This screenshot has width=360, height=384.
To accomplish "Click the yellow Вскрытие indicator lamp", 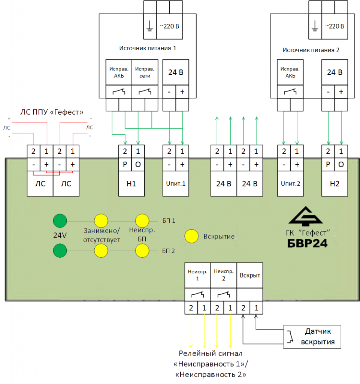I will click(192, 236).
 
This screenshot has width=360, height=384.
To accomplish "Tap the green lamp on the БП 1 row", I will click(60, 220).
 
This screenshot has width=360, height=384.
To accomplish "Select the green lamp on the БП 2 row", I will click(60, 250).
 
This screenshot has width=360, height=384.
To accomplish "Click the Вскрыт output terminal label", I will click(250, 275).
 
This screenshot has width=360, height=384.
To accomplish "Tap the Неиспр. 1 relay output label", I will click(197, 275).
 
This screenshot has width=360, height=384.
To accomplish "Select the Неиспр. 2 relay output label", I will click(224, 275).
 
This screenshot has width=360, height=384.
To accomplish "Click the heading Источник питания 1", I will click(148, 48).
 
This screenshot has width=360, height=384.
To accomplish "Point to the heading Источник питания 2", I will click(311, 50).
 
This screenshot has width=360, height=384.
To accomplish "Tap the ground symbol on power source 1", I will click(149, 26).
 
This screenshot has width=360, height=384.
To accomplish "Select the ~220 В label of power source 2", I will click(335, 26).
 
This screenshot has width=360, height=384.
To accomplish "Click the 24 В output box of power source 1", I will click(176, 72).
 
